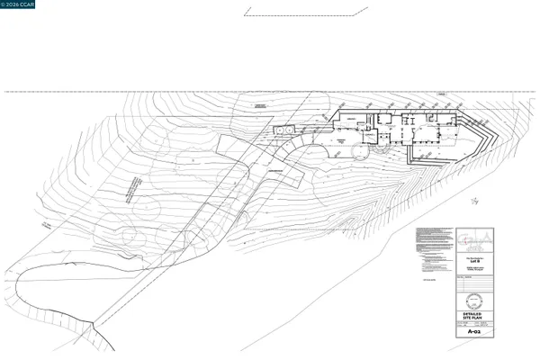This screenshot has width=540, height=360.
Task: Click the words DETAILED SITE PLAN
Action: (474, 315)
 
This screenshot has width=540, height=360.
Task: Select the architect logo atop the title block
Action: (474, 238)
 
